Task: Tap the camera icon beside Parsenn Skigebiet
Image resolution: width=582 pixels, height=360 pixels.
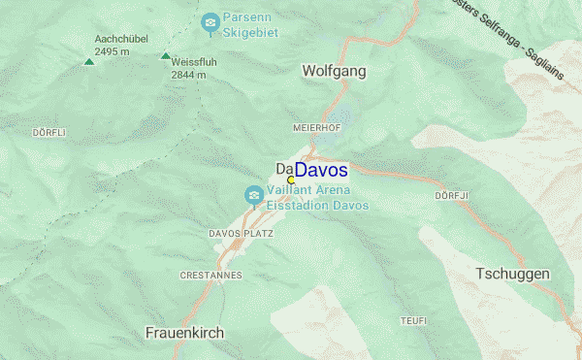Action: coord(210,21)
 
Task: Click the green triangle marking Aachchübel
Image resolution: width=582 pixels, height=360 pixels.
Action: coord(89,62)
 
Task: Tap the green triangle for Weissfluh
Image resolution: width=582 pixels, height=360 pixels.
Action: coord(165,56)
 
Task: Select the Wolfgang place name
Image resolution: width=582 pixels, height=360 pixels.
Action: coord(335,71)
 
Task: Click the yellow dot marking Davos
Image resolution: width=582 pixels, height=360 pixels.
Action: coord(291,180)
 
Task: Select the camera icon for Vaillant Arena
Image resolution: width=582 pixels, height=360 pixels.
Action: coord(253,197)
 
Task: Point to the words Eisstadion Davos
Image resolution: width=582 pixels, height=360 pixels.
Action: coord(318,206)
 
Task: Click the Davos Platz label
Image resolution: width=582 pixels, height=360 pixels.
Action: coord(241,234)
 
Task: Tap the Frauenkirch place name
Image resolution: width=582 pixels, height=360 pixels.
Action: coord(184,333)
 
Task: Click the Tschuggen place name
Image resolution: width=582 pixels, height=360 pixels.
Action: coord(512,275)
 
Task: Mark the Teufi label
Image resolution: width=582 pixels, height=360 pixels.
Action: coord(413,320)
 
